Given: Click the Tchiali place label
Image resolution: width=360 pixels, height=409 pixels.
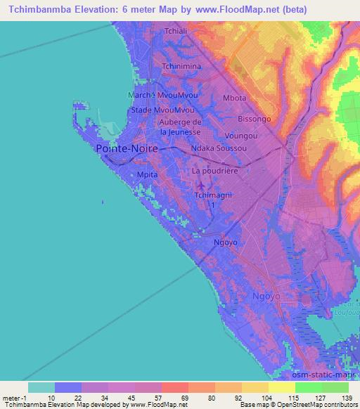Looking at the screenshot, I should click(174, 32).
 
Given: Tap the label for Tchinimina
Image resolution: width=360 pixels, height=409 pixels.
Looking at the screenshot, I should click(181, 66).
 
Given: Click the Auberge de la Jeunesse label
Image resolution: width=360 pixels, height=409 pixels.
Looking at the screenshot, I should click(181, 126).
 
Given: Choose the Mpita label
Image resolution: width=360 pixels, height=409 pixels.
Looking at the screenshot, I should click(147, 174).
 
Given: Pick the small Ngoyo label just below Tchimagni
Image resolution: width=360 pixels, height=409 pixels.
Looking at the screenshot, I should click(226, 242).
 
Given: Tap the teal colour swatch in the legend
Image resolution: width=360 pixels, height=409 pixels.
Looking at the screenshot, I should click(41, 387).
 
